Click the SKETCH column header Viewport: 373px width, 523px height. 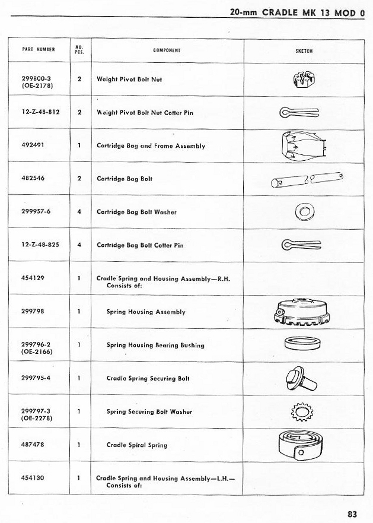pyautogui.click(x=304, y=51)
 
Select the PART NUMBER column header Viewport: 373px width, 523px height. pyautogui.click(x=39, y=50)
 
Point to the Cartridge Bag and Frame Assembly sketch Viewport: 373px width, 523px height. pyautogui.click(x=300, y=146)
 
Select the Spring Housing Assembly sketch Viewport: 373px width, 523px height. pyautogui.click(x=302, y=312)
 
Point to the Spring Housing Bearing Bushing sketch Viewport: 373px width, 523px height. pyautogui.click(x=301, y=344)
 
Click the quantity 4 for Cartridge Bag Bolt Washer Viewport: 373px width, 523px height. pyautogui.click(x=79, y=212)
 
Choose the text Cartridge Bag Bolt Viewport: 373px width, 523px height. pyautogui.click(x=125, y=179)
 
